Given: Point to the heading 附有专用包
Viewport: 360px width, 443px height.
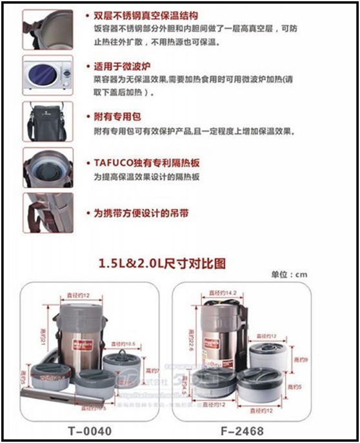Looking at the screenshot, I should pos(113,117).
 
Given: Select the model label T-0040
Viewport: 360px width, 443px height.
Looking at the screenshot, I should pos(86,430).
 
